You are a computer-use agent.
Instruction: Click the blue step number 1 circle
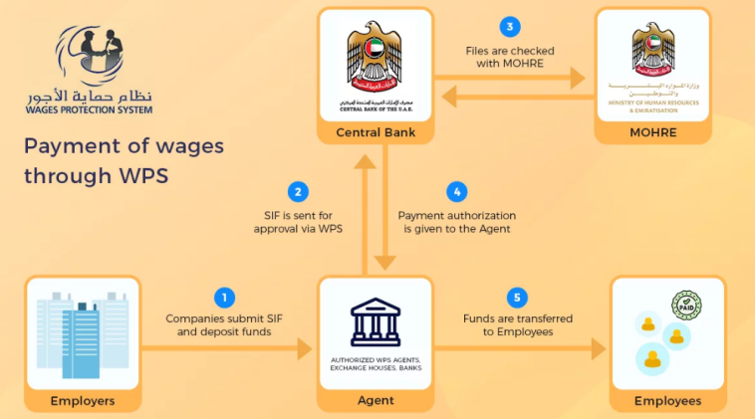[x=225, y=296]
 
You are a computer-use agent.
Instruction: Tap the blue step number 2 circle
[x=296, y=192]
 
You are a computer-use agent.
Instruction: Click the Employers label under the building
[x=83, y=401]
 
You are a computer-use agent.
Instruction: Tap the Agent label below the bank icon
[x=375, y=401]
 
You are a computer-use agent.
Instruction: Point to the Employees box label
[x=667, y=401]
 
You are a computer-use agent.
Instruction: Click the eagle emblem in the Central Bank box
[x=375, y=58]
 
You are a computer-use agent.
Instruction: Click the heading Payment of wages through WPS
[x=125, y=162]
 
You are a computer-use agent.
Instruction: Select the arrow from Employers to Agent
[x=228, y=348]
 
